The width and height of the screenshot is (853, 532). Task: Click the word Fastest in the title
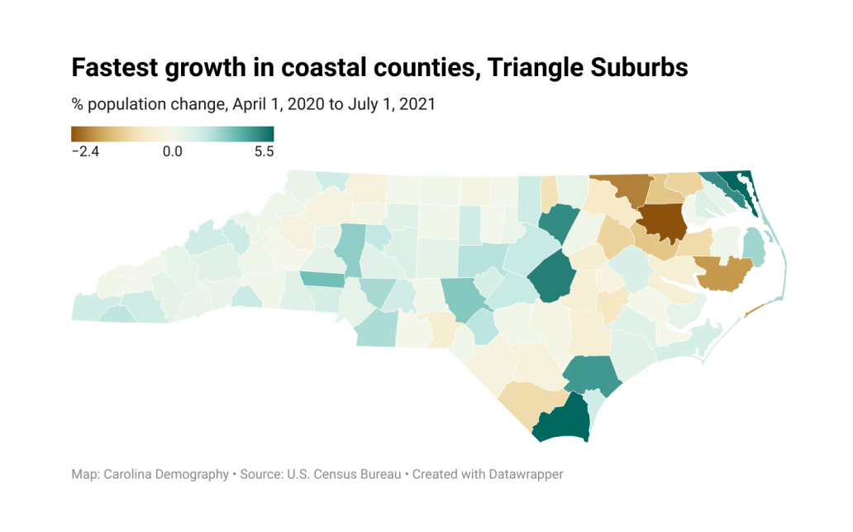(x=115, y=68)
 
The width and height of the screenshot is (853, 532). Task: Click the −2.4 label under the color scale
(x=85, y=151)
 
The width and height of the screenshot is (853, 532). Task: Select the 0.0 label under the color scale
(x=173, y=151)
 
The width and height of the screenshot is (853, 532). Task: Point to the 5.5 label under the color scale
(x=264, y=151)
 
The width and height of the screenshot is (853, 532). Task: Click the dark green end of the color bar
(x=269, y=134)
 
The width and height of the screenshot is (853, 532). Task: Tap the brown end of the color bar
(x=76, y=134)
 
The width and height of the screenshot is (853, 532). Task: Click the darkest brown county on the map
(x=662, y=223)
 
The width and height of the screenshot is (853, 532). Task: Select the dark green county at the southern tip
(x=563, y=420)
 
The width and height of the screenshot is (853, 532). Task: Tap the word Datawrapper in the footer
(x=526, y=474)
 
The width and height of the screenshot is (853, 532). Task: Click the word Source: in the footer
(x=262, y=474)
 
